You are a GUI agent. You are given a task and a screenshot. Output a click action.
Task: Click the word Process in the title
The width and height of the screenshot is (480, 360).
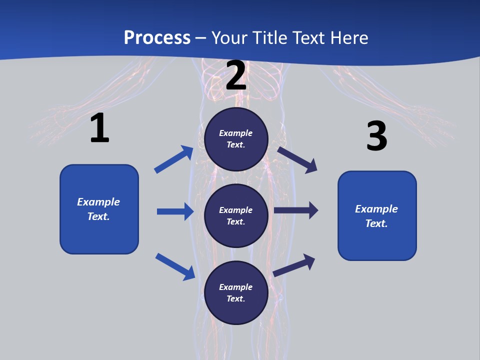[x=157, y=37]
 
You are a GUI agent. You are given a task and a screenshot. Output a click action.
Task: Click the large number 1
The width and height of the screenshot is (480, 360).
[x=99, y=128]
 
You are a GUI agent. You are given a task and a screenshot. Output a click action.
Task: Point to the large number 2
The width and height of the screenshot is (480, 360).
[x=236, y=75]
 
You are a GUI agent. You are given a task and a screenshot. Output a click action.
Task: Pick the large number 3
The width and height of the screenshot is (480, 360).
[x=376, y=136]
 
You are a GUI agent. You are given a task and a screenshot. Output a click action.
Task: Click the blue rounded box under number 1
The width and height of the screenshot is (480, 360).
[x=99, y=209]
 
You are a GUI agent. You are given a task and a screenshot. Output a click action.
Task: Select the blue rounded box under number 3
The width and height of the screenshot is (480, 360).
[x=377, y=215]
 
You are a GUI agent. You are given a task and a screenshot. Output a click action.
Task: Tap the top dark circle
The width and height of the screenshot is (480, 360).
[x=236, y=139]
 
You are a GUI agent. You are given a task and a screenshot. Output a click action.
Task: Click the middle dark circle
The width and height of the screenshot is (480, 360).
[x=236, y=215]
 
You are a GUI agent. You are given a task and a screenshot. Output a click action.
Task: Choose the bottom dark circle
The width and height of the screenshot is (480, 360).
[x=236, y=292]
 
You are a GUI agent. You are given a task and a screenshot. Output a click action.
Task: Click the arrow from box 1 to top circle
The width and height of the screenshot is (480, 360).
[x=173, y=159]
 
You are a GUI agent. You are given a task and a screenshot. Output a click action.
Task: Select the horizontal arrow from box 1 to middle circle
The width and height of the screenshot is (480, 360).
[x=175, y=211]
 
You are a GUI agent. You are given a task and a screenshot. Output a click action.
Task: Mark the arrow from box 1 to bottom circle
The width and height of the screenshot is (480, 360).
[x=175, y=266]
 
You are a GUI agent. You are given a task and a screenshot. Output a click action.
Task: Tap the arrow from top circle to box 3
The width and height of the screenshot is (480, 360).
[x=297, y=159]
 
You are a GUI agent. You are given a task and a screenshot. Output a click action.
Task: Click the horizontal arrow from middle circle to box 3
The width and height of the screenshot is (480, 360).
[x=296, y=210]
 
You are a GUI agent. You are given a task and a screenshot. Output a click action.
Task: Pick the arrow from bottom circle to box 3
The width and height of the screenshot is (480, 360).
[x=294, y=265]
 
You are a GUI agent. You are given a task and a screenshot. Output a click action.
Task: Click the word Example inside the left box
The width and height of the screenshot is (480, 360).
[x=98, y=202]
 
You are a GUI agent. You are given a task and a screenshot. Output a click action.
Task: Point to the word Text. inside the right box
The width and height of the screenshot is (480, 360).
[x=376, y=223]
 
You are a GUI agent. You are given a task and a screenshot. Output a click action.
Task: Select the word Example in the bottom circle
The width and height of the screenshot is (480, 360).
[x=236, y=287]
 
